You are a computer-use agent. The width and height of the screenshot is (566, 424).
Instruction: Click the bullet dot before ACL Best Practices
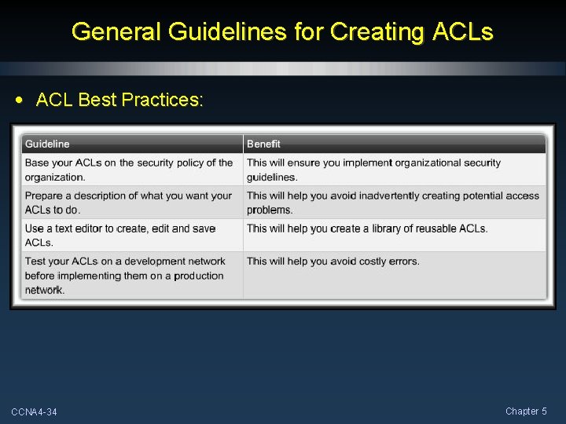point(19,101)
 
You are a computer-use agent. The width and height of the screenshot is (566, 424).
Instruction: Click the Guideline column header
point(47,144)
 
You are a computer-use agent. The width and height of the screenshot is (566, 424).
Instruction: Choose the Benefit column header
point(263,144)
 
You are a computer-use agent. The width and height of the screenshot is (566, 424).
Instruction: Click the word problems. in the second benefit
point(270,210)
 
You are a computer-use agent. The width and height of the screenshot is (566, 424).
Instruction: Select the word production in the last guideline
point(199,276)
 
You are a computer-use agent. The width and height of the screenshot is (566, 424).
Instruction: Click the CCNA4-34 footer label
point(34,412)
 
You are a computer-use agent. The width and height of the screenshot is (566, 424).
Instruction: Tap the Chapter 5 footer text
point(526,411)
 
